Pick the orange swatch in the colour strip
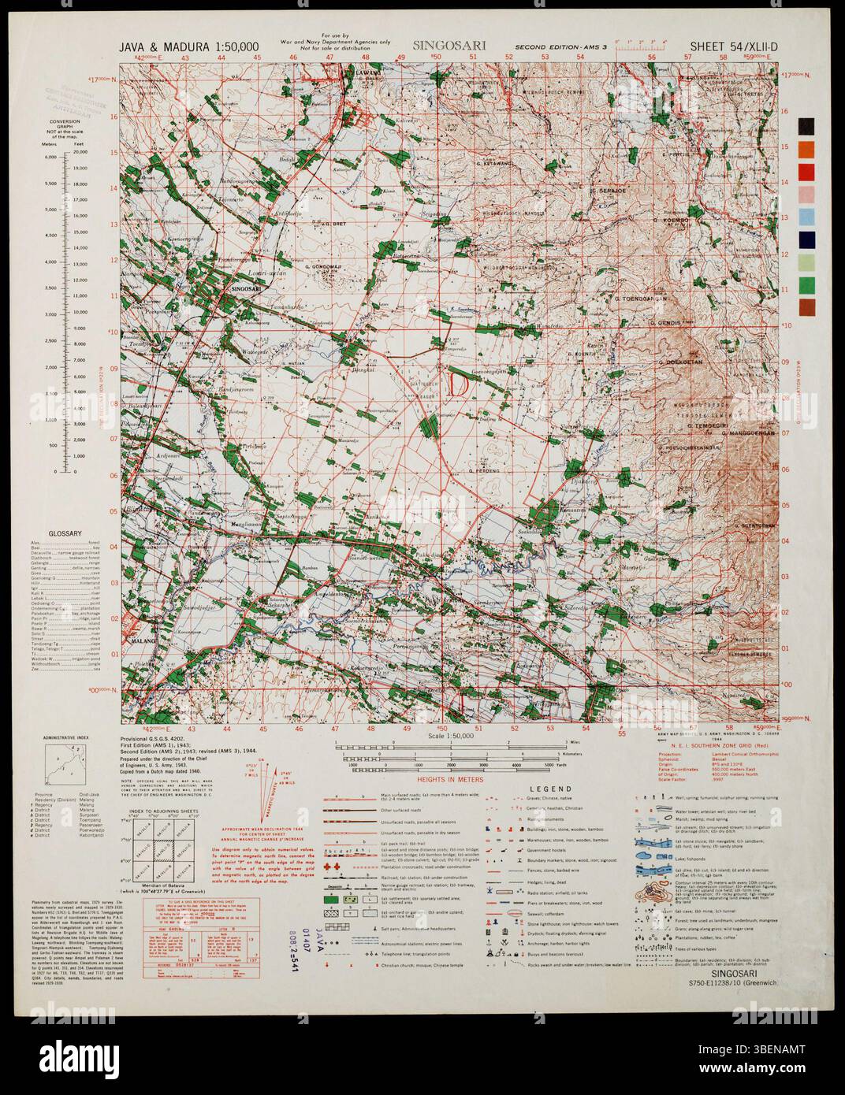pos(806,148)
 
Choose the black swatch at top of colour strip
pos(806,126)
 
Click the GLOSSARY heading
pos(66,533)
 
